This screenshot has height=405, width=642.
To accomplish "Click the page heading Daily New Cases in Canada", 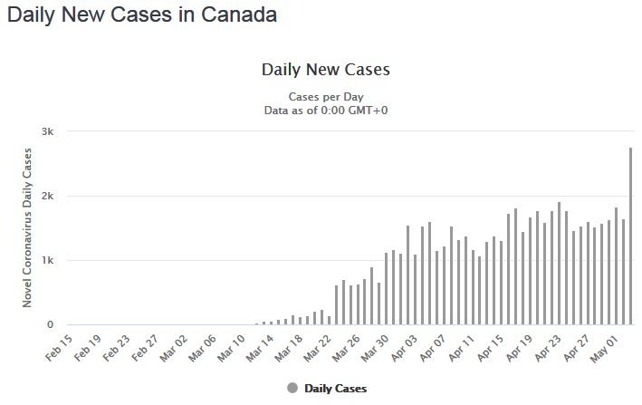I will point(142,15).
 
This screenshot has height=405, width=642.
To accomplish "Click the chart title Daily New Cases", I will point(325,70).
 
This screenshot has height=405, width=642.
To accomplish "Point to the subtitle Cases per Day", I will point(325,97).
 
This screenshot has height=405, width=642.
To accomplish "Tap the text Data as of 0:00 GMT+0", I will point(325,111).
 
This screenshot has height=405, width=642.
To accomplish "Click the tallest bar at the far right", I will point(631,236).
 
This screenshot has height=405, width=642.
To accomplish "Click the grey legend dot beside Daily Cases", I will point(292,388).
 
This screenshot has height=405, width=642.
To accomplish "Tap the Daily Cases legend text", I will point(335,388).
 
